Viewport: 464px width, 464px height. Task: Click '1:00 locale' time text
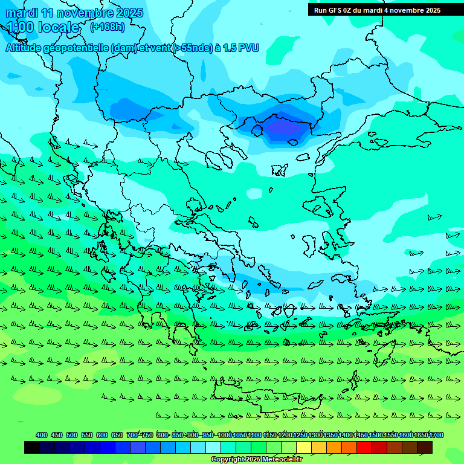[43, 27]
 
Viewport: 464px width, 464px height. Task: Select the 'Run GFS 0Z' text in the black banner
[333, 10]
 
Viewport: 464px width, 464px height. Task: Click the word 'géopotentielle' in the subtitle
[77, 48]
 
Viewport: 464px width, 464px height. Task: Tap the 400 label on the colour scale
[41, 435]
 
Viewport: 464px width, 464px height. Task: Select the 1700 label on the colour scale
[436, 435]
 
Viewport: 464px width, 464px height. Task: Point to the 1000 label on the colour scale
[224, 435]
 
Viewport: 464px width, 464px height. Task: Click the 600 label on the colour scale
[101, 435]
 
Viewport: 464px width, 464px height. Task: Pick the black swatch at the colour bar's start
[32, 447]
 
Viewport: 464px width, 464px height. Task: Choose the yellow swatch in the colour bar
[304, 447]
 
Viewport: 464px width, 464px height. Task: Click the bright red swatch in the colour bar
[364, 447]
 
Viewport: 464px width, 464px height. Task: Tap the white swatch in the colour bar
[213, 447]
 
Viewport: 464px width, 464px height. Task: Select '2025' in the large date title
[128, 13]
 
